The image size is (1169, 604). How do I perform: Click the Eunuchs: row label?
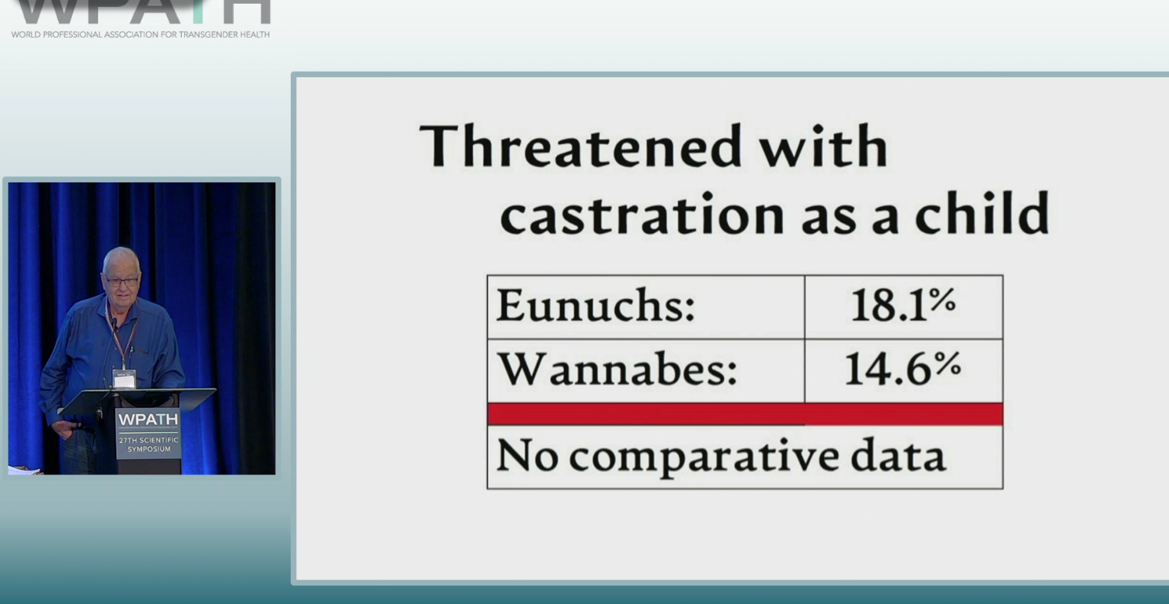[x=595, y=306]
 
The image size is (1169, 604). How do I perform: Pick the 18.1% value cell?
[x=903, y=305]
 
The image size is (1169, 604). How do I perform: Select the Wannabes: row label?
[x=617, y=369]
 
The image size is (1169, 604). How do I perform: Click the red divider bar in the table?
[x=744, y=414]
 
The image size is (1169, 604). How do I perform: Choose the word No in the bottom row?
[x=526, y=455]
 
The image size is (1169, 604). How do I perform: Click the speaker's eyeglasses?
[x=121, y=282]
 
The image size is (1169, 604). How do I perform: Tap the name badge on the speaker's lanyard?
[x=123, y=378]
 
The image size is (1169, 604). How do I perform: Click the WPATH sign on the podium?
[x=148, y=420]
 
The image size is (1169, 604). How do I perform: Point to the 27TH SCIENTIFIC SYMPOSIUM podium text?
[x=148, y=445]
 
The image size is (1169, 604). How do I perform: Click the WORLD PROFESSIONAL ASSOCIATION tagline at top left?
[x=140, y=34]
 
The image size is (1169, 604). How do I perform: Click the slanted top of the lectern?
[x=138, y=399]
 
